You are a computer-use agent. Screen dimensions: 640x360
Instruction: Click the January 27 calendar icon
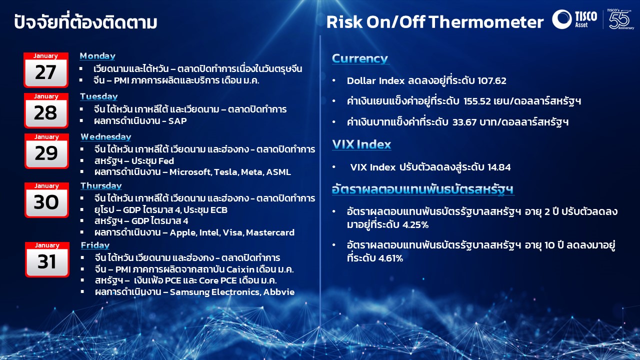pos(46,70)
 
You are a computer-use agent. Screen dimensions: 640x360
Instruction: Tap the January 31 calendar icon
pos(47,259)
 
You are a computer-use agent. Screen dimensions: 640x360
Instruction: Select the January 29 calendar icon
pos(46,151)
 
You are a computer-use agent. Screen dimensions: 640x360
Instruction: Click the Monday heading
pos(97,56)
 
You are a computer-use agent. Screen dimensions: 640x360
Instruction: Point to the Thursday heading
pos(101,185)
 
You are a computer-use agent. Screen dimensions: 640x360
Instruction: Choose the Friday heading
pos(95,245)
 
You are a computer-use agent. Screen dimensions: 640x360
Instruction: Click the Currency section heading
pos(360,58)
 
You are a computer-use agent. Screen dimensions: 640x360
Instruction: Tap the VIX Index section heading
pos(361,144)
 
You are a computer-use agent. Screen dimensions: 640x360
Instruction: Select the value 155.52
pos(477,101)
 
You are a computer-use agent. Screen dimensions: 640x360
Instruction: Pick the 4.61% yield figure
pos(391,258)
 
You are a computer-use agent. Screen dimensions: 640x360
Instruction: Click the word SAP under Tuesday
pos(177,121)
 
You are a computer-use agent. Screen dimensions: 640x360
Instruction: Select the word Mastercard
pos(270,232)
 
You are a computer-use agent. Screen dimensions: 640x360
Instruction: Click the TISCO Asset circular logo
pos(561,19)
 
